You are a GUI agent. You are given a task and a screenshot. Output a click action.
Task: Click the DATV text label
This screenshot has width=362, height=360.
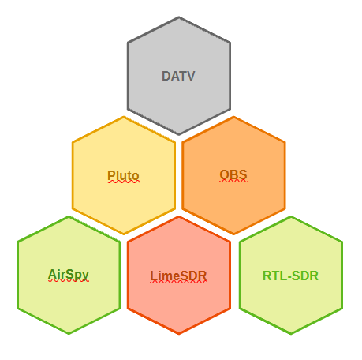(x=178, y=76)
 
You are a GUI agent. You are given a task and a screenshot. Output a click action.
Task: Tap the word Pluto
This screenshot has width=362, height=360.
(x=123, y=175)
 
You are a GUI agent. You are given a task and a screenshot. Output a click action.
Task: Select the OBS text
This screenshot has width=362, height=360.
(x=233, y=175)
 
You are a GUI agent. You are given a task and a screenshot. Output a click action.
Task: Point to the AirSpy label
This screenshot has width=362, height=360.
(x=69, y=275)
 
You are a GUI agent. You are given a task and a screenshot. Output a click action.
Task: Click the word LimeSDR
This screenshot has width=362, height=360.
(x=178, y=276)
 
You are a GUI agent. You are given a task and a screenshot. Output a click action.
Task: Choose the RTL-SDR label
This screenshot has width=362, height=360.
(x=290, y=276)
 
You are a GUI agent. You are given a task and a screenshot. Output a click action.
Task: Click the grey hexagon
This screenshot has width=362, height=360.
(x=179, y=76)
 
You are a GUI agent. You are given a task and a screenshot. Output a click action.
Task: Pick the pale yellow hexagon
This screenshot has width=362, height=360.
(x=124, y=175)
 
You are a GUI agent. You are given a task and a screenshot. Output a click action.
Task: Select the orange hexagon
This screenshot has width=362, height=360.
(x=233, y=175)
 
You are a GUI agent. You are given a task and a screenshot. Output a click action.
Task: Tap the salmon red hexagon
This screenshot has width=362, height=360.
(x=179, y=275)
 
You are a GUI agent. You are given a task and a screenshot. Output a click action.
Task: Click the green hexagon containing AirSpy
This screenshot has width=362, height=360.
(x=69, y=275)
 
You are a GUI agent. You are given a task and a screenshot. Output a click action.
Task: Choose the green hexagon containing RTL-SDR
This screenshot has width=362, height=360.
(x=291, y=275)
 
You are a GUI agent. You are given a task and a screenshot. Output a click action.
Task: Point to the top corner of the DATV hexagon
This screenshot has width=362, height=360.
(x=179, y=17)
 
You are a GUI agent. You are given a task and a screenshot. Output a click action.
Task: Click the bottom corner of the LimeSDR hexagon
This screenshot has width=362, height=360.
(x=179, y=334)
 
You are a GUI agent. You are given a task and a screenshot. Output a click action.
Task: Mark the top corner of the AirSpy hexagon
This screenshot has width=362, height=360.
(x=69, y=216)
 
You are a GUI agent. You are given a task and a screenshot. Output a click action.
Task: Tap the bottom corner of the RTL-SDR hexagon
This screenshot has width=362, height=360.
(x=291, y=334)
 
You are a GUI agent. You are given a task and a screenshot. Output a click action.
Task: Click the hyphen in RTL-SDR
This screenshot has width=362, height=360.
(x=287, y=277)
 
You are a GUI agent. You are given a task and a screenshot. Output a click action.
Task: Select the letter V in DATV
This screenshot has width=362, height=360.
(x=190, y=76)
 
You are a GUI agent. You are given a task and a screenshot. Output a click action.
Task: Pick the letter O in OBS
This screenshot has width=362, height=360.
(x=224, y=175)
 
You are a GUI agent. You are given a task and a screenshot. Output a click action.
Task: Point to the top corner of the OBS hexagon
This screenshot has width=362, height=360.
(x=233, y=117)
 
